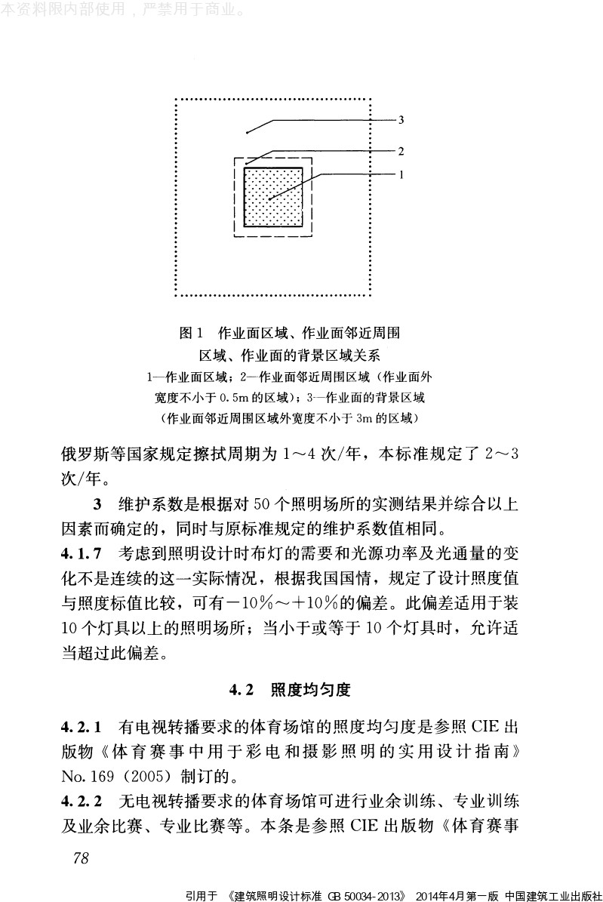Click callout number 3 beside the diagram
pos(401,119)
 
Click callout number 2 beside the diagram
pos(401,150)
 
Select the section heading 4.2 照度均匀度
pos(291,689)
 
